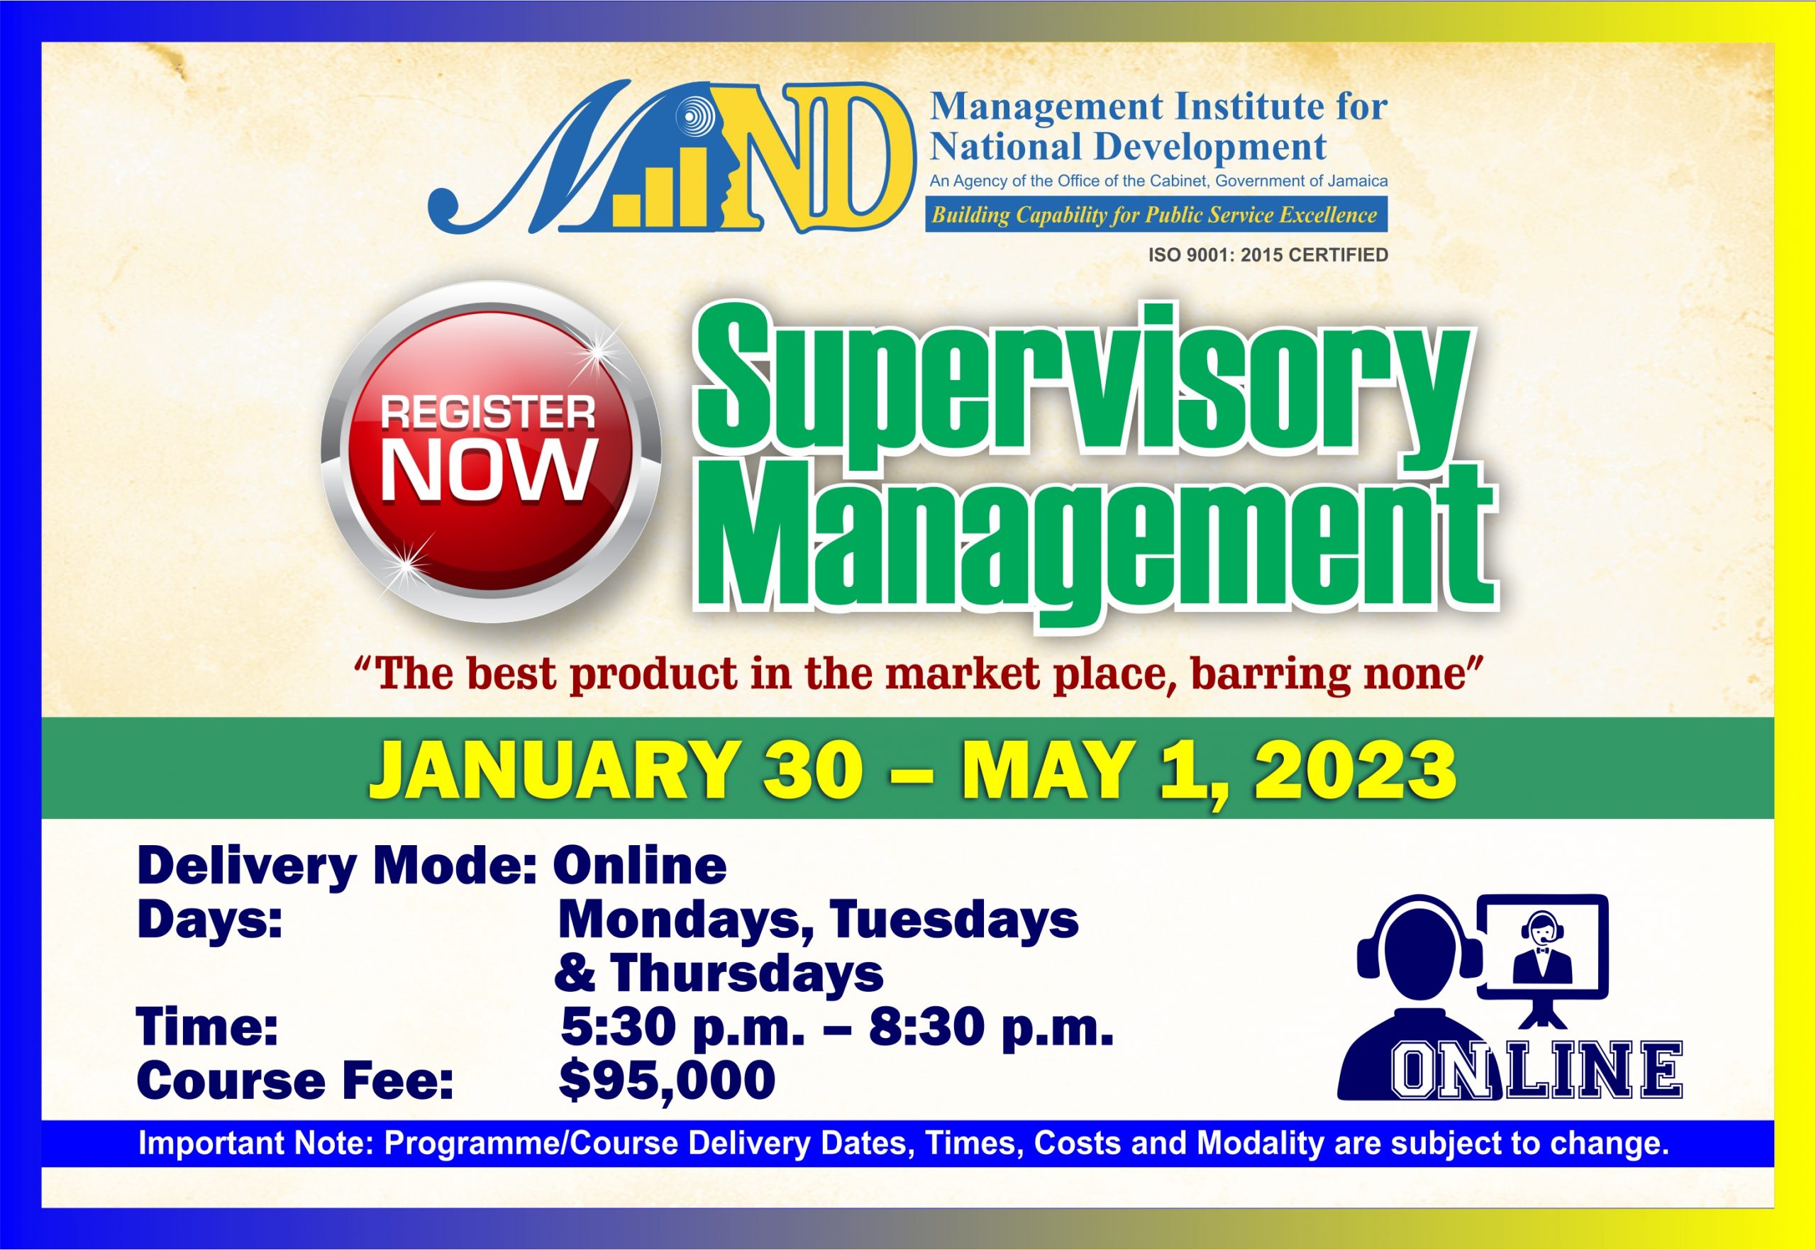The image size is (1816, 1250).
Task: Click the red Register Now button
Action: [x=490, y=452]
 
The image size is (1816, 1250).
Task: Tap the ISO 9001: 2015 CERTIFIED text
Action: [x=1268, y=255]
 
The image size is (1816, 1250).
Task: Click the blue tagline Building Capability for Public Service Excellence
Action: [x=1155, y=216]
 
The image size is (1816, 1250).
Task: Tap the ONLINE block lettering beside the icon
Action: [x=1536, y=1071]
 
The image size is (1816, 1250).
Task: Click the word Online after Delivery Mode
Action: [x=639, y=866]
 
